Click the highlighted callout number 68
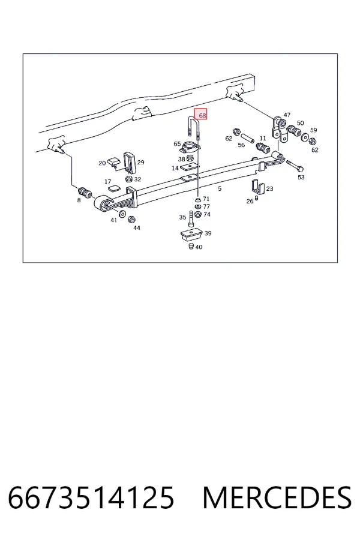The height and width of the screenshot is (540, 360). (202, 115)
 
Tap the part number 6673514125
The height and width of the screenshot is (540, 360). (91, 497)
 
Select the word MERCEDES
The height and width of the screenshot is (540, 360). (277, 497)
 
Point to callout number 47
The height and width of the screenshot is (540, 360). (287, 115)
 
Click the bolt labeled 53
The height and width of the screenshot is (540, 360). (295, 166)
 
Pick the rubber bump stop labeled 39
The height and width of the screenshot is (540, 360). (191, 235)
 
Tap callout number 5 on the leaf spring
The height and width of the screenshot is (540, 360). (220, 188)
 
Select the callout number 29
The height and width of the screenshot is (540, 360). (140, 162)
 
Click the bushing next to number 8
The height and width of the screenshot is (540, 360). (85, 193)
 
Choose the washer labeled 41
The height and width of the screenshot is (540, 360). (122, 214)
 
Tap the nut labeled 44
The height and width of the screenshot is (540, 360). (131, 219)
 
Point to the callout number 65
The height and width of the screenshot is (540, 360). (177, 143)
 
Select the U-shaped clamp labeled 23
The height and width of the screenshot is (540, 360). (257, 187)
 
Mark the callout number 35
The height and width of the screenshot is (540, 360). (182, 217)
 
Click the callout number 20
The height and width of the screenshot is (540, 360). (102, 163)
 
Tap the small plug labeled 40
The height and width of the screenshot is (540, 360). (191, 246)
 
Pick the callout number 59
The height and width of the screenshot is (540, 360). (313, 130)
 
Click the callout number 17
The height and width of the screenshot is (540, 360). (108, 181)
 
